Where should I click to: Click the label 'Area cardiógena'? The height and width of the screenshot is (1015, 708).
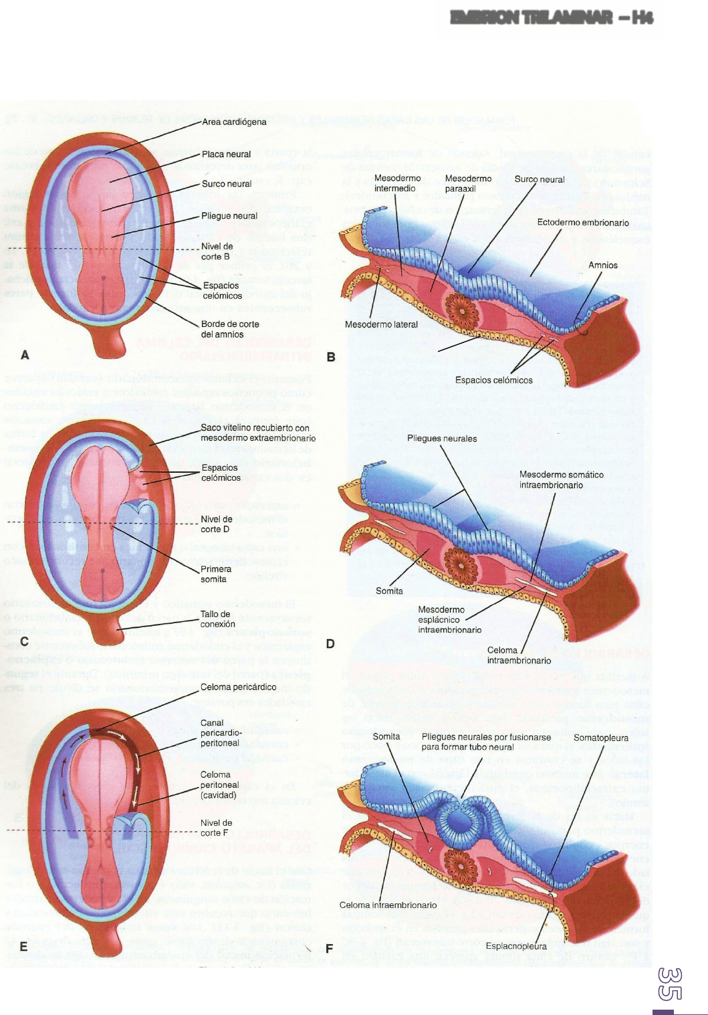234,122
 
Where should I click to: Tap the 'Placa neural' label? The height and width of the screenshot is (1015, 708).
226,154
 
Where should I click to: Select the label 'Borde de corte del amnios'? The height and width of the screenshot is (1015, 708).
230,329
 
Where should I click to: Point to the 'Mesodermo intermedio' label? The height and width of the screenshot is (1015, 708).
397,183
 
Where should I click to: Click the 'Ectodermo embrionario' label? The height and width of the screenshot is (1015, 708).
583,223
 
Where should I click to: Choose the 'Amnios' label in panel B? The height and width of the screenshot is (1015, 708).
602,265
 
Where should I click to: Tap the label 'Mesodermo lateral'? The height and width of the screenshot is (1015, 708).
381,325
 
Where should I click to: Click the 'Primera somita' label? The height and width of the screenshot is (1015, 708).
216,574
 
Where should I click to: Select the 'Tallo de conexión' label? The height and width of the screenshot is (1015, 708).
217,619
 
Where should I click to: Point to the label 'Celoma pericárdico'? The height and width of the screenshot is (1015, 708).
238,687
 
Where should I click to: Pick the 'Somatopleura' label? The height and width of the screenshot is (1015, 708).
601,738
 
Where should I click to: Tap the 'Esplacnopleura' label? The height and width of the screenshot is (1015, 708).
516,946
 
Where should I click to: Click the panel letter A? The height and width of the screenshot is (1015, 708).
25,355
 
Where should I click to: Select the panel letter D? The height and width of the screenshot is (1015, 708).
330,645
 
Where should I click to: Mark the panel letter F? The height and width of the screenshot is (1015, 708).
329,949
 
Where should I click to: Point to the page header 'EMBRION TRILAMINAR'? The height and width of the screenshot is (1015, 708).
552,18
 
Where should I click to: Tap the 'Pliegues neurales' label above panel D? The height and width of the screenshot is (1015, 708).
442,439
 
